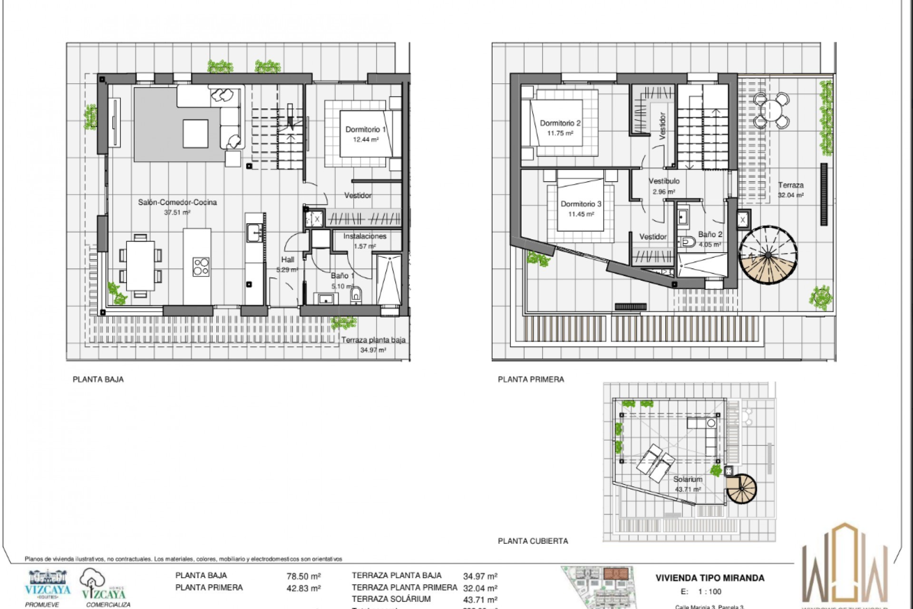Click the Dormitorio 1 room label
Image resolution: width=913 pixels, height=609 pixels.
pyautogui.click(x=365, y=129)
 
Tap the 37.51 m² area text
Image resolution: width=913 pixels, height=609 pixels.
pyautogui.click(x=177, y=213)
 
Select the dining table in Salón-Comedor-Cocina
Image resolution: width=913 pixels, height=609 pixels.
pyautogui.click(x=140, y=265)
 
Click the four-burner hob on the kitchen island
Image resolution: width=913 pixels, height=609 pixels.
pyautogui.click(x=201, y=267)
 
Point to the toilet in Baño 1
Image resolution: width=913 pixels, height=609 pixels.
pyautogui.click(x=356, y=295)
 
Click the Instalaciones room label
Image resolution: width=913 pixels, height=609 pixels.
pyautogui.click(x=365, y=236)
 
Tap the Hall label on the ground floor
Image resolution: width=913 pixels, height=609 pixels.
pyautogui.click(x=288, y=260)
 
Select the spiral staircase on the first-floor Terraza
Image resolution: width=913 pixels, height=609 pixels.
pyautogui.click(x=767, y=255)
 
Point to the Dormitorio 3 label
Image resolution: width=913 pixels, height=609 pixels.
pyautogui.click(x=581, y=204)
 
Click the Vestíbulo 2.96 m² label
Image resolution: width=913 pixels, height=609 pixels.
pyautogui.click(x=664, y=186)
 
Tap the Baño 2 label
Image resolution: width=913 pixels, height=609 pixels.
pyautogui.click(x=710, y=235)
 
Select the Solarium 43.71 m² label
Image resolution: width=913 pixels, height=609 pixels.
pyautogui.click(x=688, y=484)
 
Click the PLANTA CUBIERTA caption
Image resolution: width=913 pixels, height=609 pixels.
pyautogui.click(x=533, y=541)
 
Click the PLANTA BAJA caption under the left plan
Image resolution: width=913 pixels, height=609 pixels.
pyautogui.click(x=98, y=379)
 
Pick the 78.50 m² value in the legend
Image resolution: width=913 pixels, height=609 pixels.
pyautogui.click(x=303, y=576)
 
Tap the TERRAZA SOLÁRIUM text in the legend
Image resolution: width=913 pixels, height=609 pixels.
pyautogui.click(x=391, y=599)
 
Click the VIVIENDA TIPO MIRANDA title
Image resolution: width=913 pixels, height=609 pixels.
pyautogui.click(x=709, y=578)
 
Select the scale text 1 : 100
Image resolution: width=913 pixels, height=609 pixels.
pyautogui.click(x=709, y=592)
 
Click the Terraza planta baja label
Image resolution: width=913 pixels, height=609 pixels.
pyautogui.click(x=373, y=340)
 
